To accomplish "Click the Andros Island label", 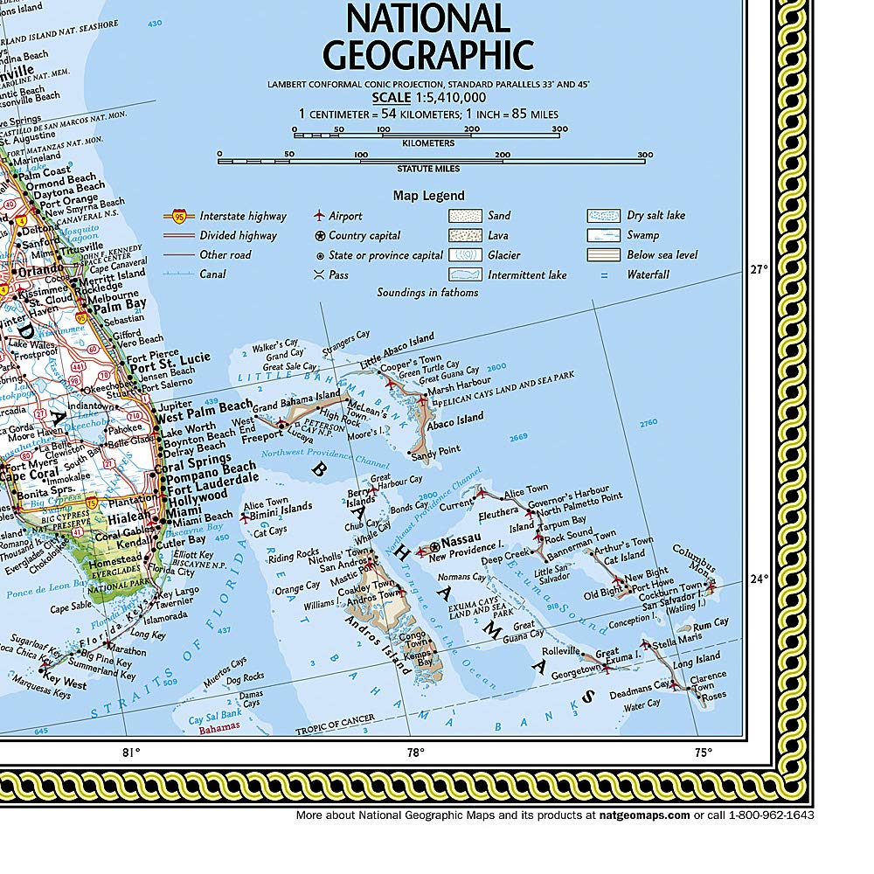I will (375, 643).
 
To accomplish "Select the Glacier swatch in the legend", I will (465, 255).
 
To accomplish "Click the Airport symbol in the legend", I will (319, 215).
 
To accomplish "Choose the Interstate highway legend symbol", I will (177, 216).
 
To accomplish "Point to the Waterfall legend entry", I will (648, 274).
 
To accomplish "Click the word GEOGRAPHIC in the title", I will (428, 53).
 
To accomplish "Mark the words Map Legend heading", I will (428, 196).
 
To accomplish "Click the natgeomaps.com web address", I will (644, 815).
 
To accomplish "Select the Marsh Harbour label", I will (459, 383).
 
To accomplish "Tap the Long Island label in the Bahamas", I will (696, 658).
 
